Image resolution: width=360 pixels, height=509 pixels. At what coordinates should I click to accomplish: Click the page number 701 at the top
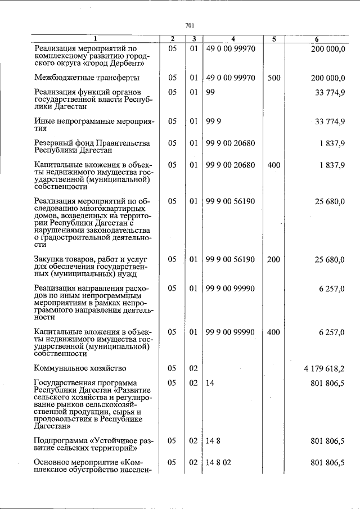190,25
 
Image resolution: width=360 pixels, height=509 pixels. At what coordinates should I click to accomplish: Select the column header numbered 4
232,39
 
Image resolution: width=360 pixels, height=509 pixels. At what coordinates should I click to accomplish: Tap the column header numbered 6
317,39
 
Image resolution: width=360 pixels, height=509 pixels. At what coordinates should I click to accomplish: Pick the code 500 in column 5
274,77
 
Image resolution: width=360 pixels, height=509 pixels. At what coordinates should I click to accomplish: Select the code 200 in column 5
274,259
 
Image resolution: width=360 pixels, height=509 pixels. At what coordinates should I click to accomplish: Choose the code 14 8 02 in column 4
219,462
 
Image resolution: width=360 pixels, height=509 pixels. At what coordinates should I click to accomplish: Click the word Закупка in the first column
49,259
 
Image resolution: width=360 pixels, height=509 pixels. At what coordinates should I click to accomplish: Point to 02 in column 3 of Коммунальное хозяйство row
193,368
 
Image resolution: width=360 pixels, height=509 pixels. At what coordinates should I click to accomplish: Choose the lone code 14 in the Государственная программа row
210,383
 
